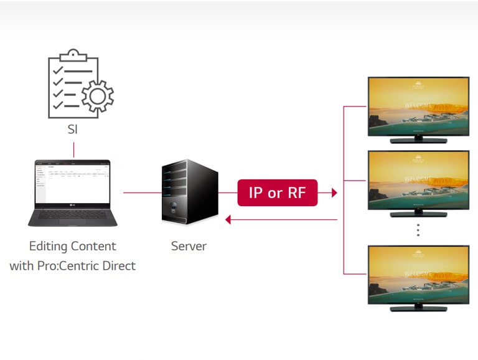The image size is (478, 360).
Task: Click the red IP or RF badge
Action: click(x=278, y=192)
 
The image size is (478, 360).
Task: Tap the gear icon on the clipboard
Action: click(x=98, y=95)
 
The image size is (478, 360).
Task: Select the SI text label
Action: click(x=73, y=131)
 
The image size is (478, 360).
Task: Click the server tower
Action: click(x=189, y=191)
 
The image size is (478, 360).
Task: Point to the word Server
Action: click(x=189, y=246)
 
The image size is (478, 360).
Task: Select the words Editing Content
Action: click(x=73, y=246)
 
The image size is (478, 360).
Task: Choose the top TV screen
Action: click(x=418, y=105)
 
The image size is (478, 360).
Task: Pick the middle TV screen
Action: click(x=418, y=179)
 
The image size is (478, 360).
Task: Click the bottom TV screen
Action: click(x=418, y=274)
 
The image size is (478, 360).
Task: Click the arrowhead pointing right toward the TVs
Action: click(x=334, y=193)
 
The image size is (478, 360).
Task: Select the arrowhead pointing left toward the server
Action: click(x=228, y=219)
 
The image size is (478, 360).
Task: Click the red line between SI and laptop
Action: click(x=73, y=150)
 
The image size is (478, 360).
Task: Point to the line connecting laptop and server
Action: click(x=141, y=193)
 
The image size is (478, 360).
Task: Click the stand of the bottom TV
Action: click(x=418, y=308)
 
